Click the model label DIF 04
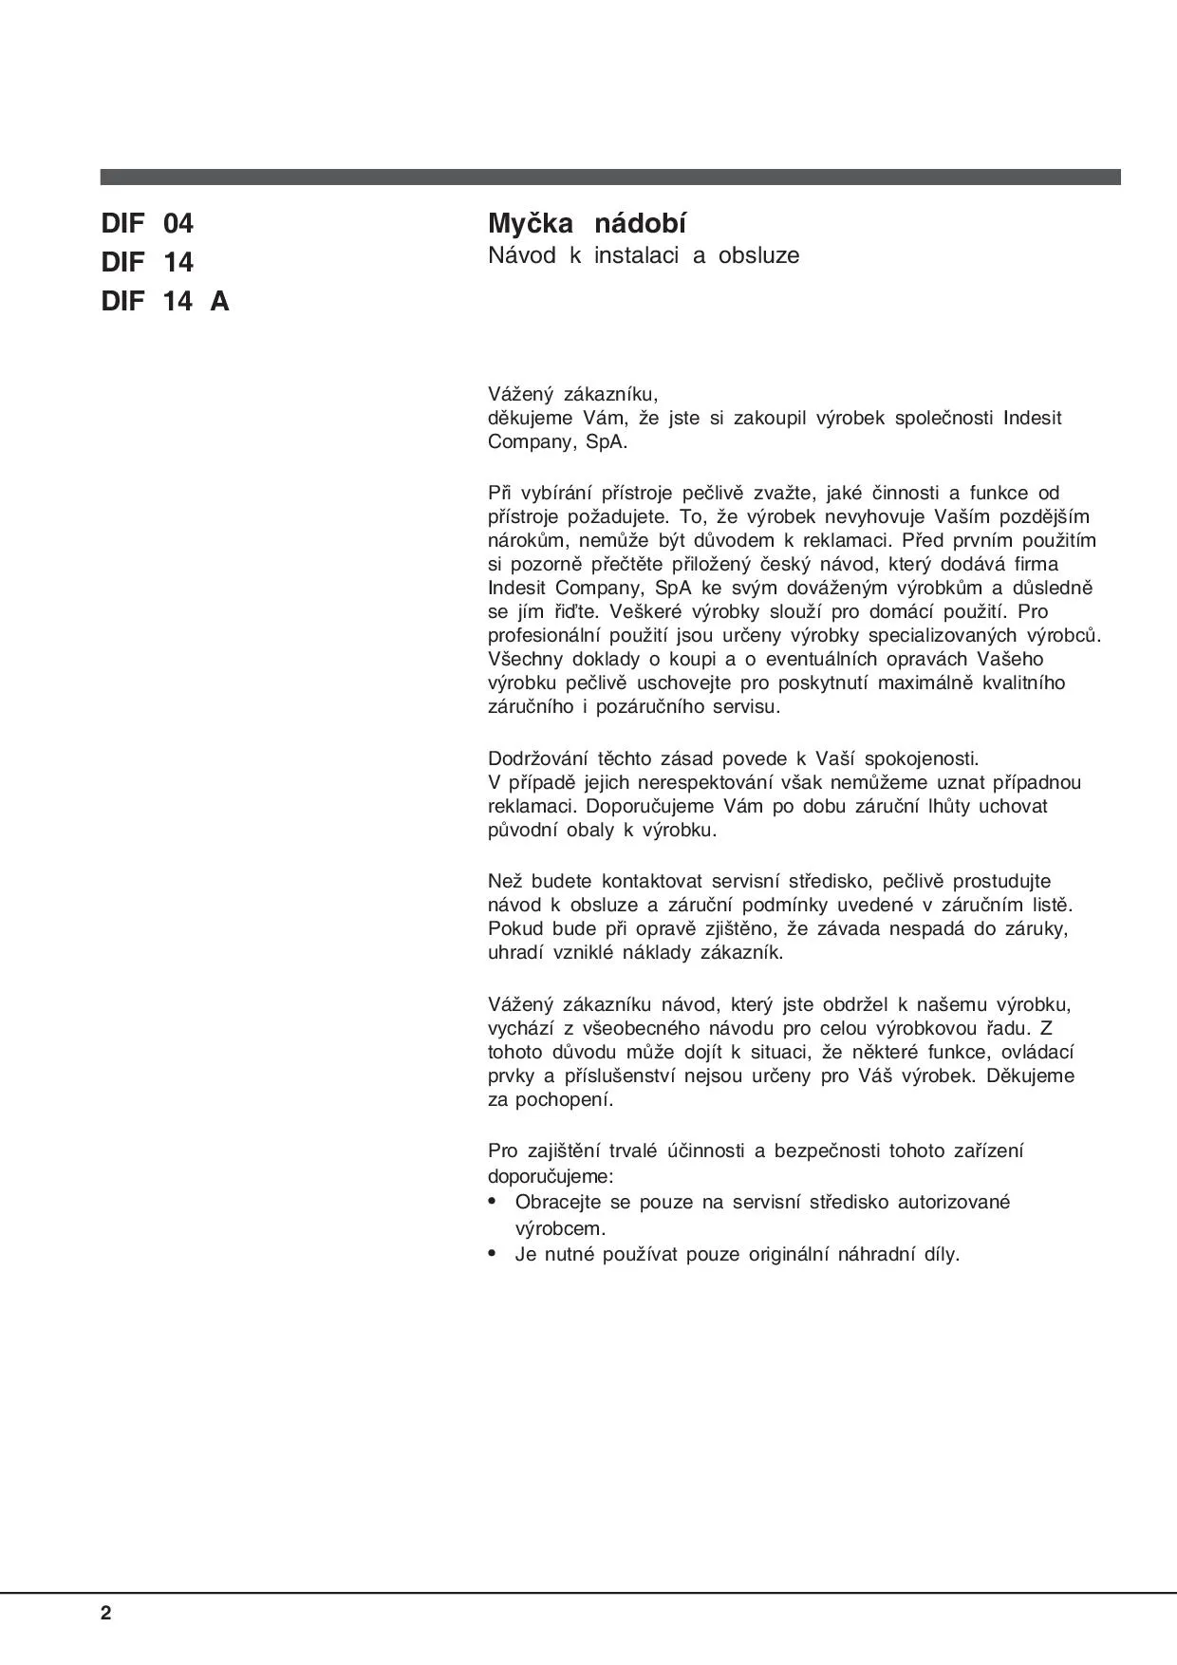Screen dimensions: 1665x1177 [147, 224]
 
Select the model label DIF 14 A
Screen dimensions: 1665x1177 [165, 302]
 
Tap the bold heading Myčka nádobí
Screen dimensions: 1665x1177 [587, 224]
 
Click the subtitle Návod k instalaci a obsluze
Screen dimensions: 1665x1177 [644, 255]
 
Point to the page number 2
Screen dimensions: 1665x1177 [105, 1614]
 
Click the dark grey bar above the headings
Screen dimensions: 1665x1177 [609, 177]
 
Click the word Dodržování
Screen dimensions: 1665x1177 [536, 758]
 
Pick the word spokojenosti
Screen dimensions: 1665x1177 [919, 758]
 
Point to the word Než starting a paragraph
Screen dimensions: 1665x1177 [504, 881]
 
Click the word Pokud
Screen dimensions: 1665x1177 [514, 928]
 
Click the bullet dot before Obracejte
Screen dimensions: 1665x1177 [492, 1202]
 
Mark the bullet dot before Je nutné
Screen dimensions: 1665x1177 [492, 1254]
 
